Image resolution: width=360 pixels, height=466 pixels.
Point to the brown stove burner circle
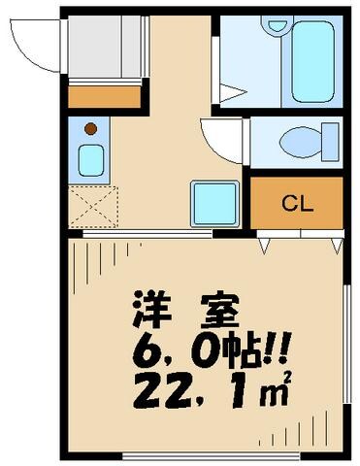89,128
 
